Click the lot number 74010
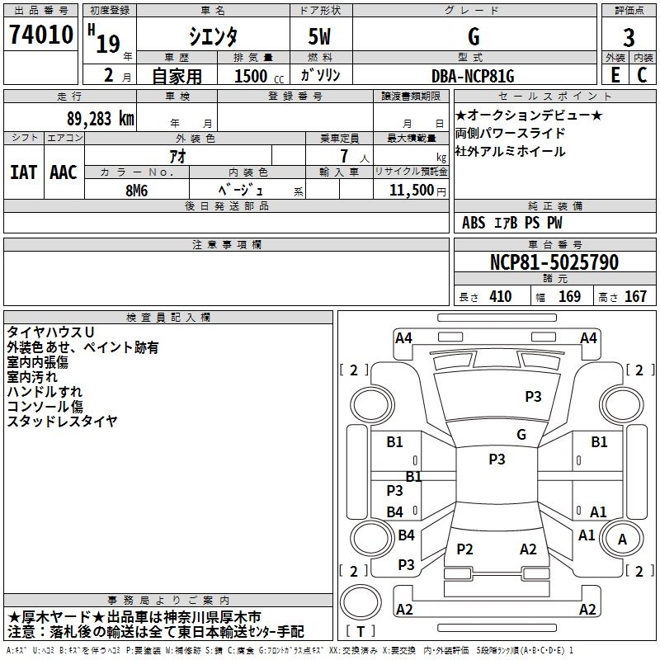pos(41,36)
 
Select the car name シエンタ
pos(212,36)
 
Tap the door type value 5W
pos(322,36)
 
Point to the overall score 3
pos(629,38)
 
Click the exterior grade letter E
pos(615,74)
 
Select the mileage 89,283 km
pos(97,118)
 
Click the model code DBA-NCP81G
pos(473,76)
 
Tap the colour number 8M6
pos(136,189)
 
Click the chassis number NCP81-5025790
pos(554,262)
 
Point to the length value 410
pos(500,297)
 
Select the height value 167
pos(635,297)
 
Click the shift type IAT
pos(23,172)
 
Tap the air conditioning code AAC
pos(64,172)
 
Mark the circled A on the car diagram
pos(622,539)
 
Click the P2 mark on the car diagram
pos(464,549)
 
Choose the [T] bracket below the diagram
pos(361,632)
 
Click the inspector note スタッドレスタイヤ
pos(62,421)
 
